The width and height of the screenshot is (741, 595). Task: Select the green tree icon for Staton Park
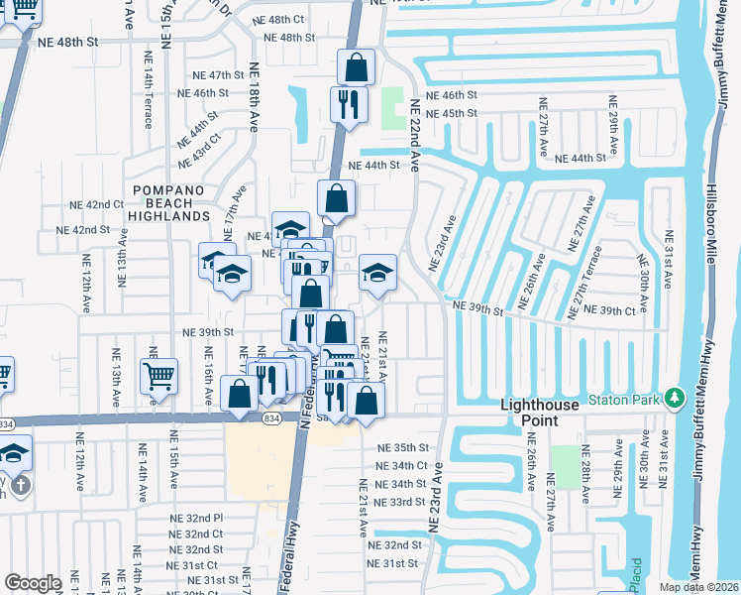(676, 398)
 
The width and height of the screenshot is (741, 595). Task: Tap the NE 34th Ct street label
(401, 465)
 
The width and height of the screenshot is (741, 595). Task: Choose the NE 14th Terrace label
(149, 99)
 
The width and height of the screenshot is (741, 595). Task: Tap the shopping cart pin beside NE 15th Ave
(159, 377)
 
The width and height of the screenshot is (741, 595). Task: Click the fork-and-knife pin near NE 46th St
(348, 104)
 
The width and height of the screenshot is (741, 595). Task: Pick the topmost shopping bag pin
(356, 67)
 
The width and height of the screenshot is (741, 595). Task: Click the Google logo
(34, 583)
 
